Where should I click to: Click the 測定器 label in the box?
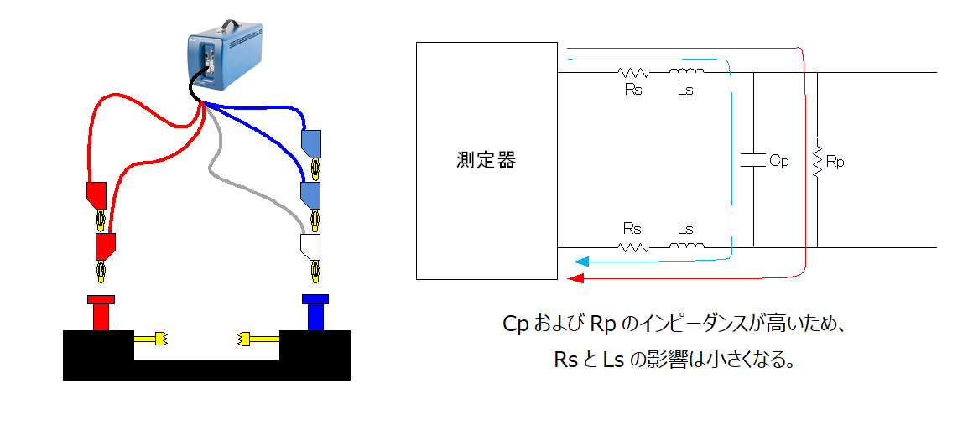[x=487, y=160]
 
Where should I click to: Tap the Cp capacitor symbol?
[x=754, y=160]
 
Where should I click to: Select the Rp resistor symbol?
[x=817, y=162]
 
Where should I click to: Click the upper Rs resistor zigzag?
[x=633, y=72]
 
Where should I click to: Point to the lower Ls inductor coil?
[x=686, y=246]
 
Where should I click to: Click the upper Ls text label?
[x=685, y=90]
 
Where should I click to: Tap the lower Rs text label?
[x=632, y=229]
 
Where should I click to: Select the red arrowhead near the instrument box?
[x=575, y=278]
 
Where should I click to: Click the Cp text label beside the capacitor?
[x=779, y=162]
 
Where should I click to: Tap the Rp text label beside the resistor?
[x=835, y=163]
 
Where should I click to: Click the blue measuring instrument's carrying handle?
[x=232, y=25]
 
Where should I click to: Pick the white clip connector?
[x=310, y=246]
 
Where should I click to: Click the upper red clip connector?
[x=97, y=195]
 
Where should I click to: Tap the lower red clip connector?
[x=106, y=246]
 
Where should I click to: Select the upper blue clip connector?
[x=311, y=142]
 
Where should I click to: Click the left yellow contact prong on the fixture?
[x=151, y=338]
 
